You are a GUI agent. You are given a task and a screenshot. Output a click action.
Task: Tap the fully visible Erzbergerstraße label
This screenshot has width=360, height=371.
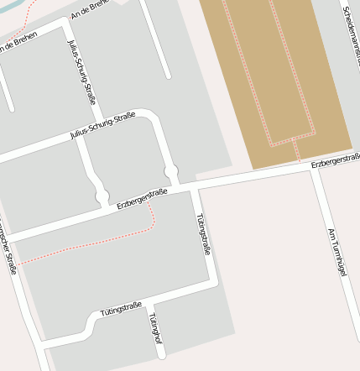tap(142, 198)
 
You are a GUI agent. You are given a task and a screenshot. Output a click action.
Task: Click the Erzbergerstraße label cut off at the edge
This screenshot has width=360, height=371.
tap(336, 160)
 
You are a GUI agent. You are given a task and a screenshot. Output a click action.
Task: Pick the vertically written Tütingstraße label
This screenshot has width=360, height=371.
tap(202, 233)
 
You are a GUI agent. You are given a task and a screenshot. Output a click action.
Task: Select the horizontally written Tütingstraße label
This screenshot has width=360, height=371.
tap(121, 308)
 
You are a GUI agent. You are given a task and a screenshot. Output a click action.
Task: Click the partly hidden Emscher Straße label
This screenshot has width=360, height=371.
tap(8, 252)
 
